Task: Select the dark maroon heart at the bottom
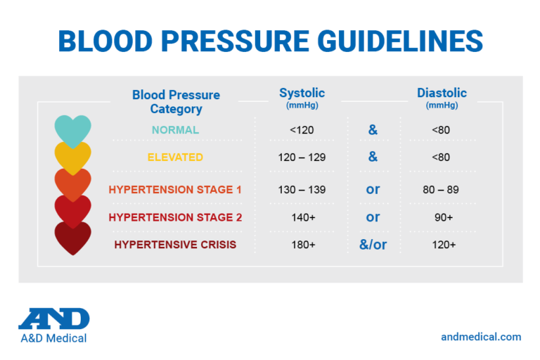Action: point(72,239)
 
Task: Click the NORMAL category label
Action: point(175,130)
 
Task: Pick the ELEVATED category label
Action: point(175,157)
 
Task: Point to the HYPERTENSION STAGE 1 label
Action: point(175,189)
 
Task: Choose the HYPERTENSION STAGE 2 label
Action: point(175,217)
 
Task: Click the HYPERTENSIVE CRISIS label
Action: point(175,245)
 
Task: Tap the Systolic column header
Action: point(302,94)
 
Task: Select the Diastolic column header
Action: point(442,94)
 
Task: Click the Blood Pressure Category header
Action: point(176,102)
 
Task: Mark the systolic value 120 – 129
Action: point(302,157)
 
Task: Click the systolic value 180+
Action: point(302,245)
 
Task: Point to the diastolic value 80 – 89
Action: point(442,189)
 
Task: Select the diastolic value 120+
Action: point(442,245)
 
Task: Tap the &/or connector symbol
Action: point(373,245)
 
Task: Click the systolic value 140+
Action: point(302,217)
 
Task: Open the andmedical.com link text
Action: point(481,337)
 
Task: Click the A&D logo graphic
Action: point(54,319)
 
